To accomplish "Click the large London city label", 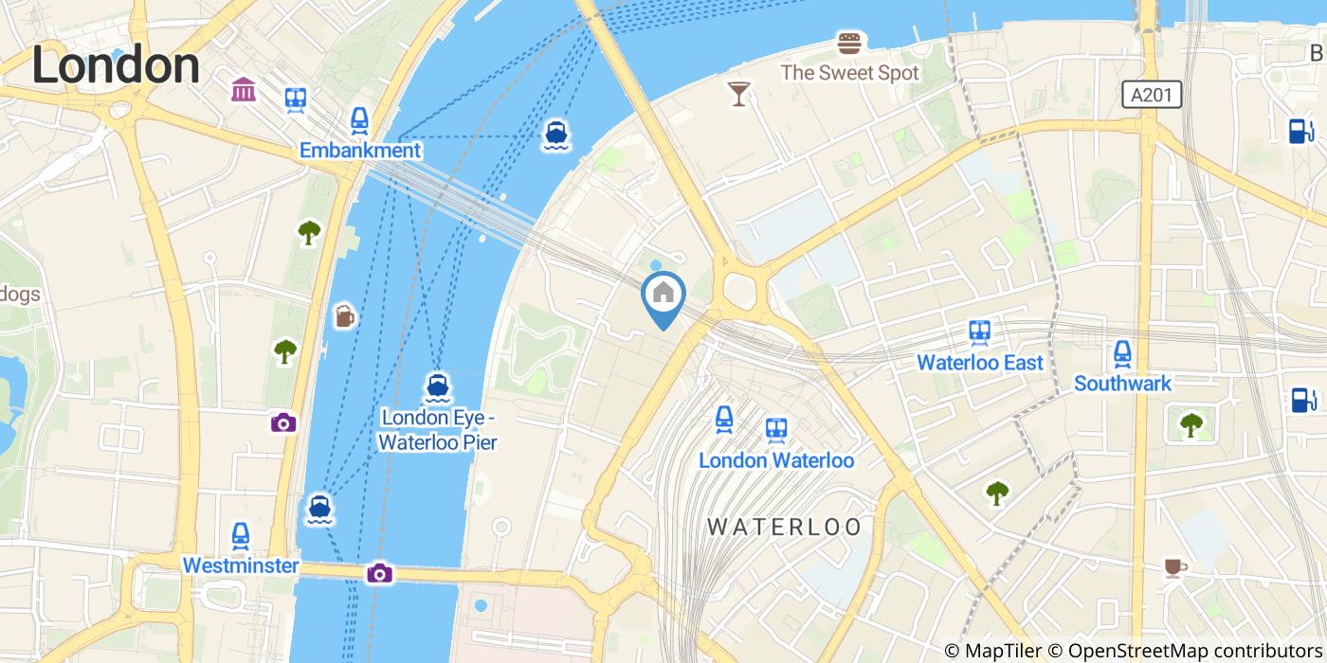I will pos(116,66).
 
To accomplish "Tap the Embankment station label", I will pos(359,150).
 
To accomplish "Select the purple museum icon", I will pos(243,90).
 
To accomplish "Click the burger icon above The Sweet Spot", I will pos(849,43).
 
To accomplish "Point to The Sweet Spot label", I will pos(849,73).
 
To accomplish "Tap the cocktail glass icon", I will pos(738,93).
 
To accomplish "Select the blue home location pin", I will pos(663,296).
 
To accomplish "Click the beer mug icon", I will pos(344,316).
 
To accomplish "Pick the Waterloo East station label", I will pos(980,362).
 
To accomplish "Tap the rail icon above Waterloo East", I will pos(980,332).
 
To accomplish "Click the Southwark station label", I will pos(1122,383).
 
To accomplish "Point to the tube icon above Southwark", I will pos(1122,354).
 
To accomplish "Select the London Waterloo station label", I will pos(776,460).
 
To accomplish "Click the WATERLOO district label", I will pos(785,527).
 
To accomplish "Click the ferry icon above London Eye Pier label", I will pos(437,386).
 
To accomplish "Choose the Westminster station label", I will pos(240,565).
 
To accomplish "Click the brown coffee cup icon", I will pos(1174,567).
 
